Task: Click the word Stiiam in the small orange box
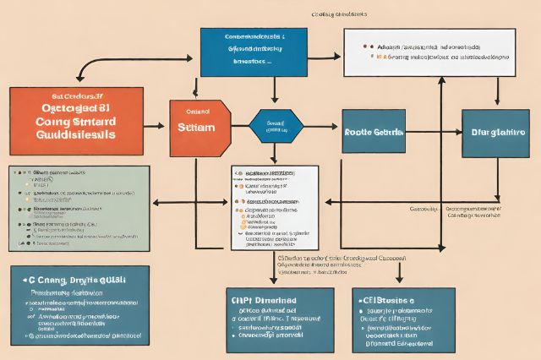199,128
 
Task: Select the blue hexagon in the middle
274,126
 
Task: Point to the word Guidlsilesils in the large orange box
77,135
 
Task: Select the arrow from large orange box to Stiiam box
156,126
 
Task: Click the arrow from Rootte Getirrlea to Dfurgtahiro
434,132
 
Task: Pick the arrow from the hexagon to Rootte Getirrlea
321,126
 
